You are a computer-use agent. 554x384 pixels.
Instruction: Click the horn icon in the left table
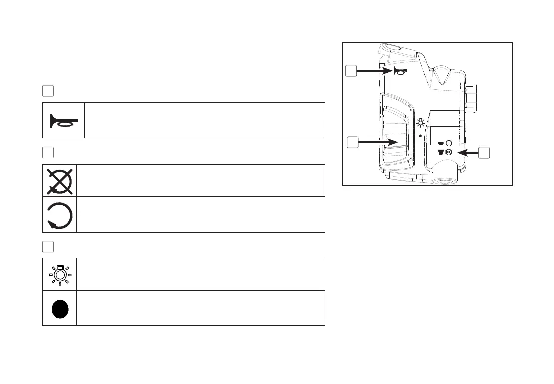pyautogui.click(x=63, y=121)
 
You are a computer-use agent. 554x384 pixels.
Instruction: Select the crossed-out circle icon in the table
pyautogui.click(x=60, y=180)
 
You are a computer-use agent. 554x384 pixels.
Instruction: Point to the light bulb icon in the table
pyautogui.click(x=60, y=274)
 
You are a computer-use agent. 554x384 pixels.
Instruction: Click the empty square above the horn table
pyautogui.click(x=48, y=91)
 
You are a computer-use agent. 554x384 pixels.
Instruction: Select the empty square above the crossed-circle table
pyautogui.click(x=48, y=152)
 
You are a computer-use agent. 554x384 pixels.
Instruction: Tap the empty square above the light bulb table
pyautogui.click(x=48, y=246)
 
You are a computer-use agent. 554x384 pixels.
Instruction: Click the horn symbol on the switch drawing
pyautogui.click(x=399, y=72)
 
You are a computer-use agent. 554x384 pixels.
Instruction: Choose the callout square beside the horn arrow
pyautogui.click(x=351, y=72)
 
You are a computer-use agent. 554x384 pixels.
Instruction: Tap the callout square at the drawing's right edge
pyautogui.click(x=483, y=153)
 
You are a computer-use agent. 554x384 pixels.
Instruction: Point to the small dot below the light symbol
pyautogui.click(x=421, y=135)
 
